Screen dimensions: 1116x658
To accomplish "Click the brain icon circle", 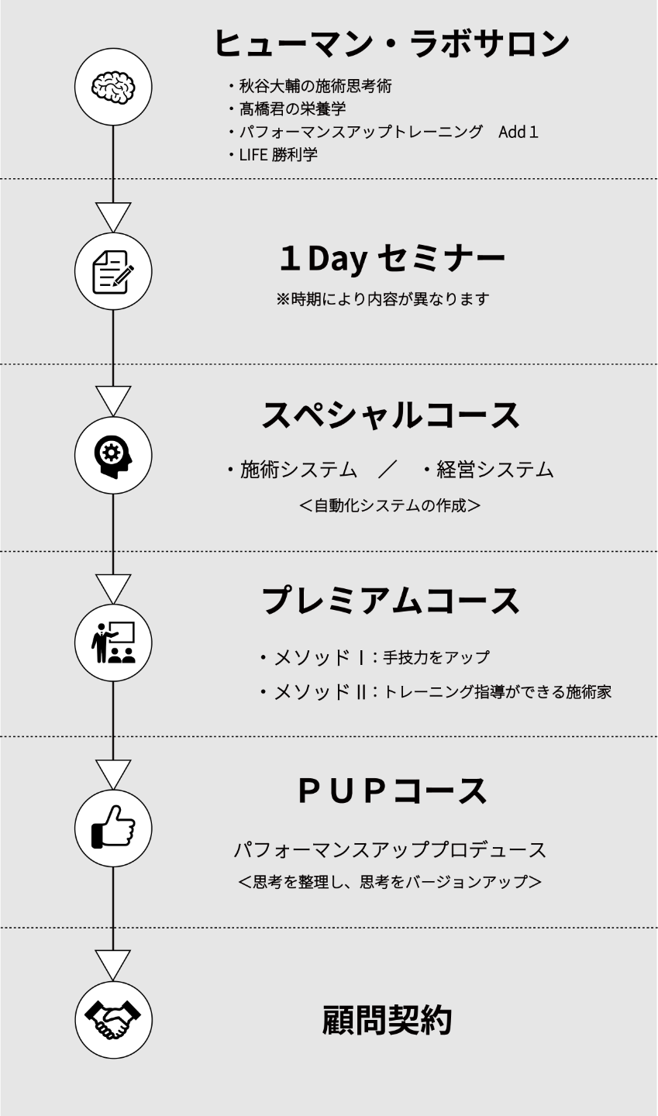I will [113, 85].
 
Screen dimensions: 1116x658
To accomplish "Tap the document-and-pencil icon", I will [113, 271].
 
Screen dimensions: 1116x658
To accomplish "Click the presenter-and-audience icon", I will [113, 642].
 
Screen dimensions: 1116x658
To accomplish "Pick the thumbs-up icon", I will [113, 828].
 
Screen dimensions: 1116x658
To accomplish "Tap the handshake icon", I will [113, 1020].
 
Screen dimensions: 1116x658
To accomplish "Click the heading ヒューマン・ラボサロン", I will [391, 43].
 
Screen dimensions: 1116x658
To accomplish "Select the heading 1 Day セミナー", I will [391, 259].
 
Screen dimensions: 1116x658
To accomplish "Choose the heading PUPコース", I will [392, 790].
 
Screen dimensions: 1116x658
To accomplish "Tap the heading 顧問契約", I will [387, 1020].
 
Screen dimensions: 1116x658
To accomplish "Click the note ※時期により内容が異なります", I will [383, 299].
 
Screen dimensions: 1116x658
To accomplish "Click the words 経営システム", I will [494, 469].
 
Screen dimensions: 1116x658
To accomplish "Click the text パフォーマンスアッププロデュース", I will [390, 850].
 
